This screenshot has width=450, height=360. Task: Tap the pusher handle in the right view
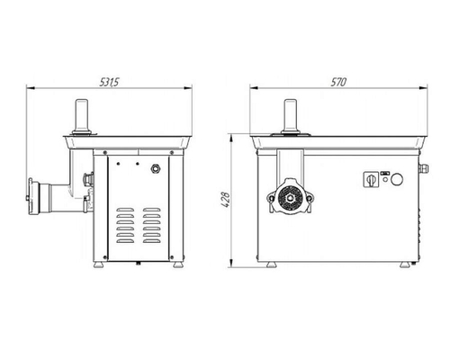click(x=290, y=115)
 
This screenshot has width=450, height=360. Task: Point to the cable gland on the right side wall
click(x=417, y=169)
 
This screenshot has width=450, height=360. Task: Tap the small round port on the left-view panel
click(x=154, y=168)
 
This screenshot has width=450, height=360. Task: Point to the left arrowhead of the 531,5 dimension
click(x=29, y=88)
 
